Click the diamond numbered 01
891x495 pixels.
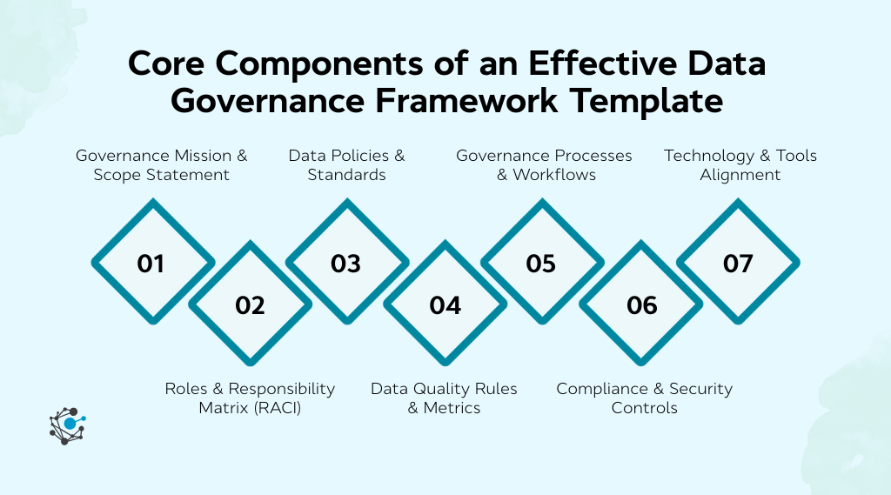pyautogui.click(x=151, y=263)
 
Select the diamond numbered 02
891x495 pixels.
pyautogui.click(x=250, y=304)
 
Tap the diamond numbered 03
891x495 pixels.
pyautogui.click(x=346, y=263)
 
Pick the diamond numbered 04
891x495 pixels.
pyautogui.click(x=445, y=304)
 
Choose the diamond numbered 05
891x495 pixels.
pyautogui.click(x=541, y=263)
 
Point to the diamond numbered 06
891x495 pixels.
pyautogui.click(x=641, y=304)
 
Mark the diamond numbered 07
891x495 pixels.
pyautogui.click(x=738, y=263)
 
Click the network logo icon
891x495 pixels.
pyautogui.click(x=67, y=425)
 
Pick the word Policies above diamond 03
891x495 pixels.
pyautogui.click(x=356, y=156)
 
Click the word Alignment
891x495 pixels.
pyautogui.click(x=740, y=175)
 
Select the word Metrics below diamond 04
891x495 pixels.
pyautogui.click(x=452, y=407)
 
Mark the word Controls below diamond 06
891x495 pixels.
pyautogui.click(x=644, y=407)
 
